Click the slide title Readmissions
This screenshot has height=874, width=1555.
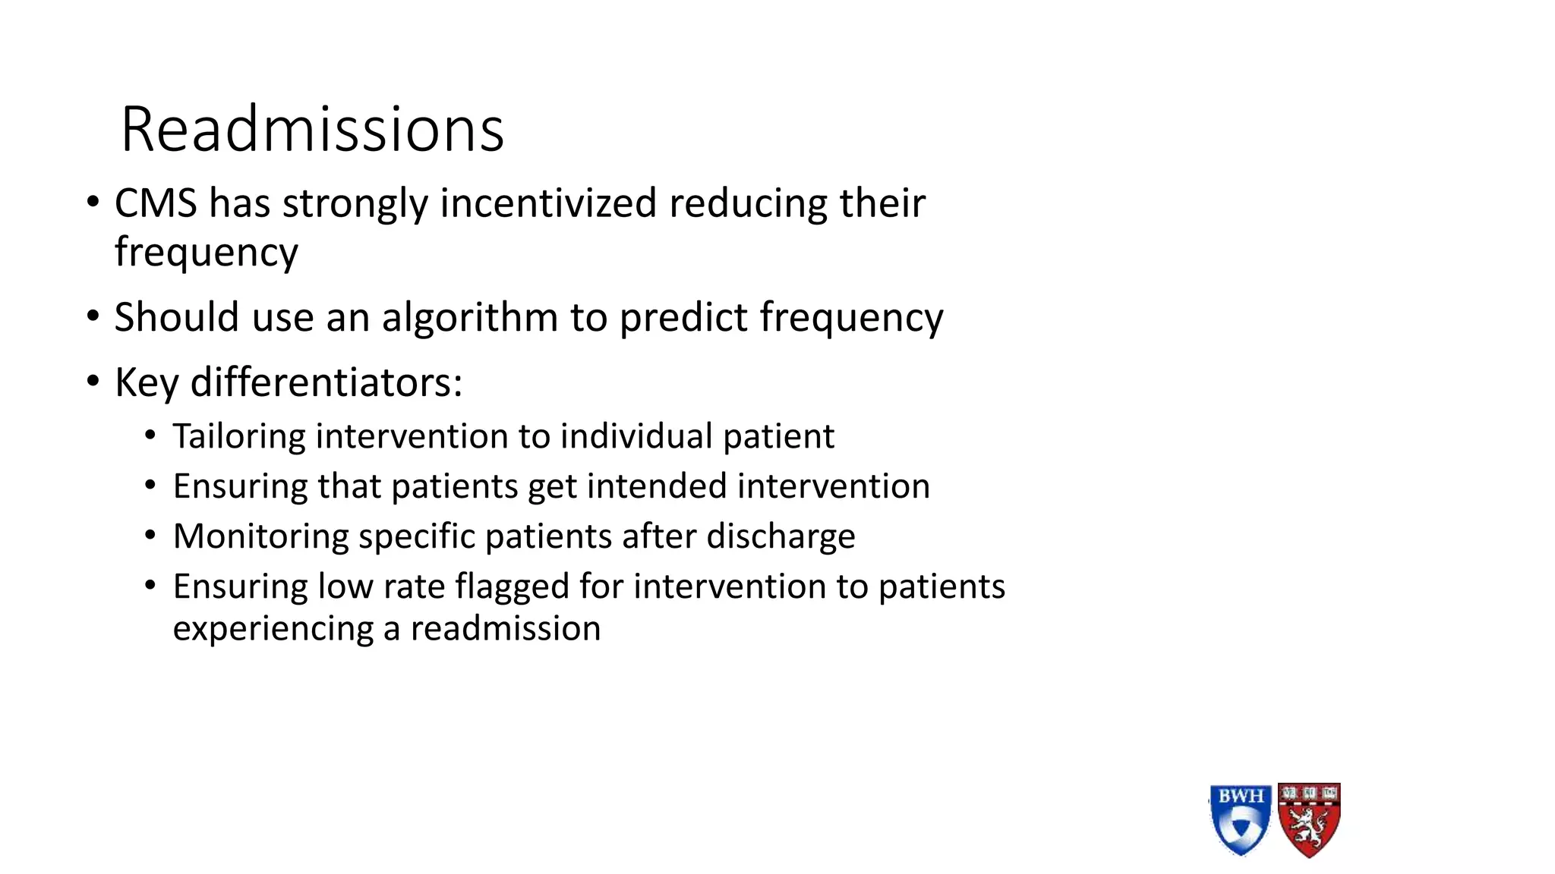(x=312, y=130)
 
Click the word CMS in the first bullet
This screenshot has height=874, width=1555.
(x=156, y=203)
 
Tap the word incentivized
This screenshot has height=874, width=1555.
(x=548, y=203)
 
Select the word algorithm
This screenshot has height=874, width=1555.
(x=469, y=317)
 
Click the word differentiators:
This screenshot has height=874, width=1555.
(x=326, y=382)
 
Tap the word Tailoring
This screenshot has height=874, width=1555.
(x=238, y=437)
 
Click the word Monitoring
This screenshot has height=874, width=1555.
(x=260, y=536)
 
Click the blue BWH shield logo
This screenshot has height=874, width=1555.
(x=1240, y=819)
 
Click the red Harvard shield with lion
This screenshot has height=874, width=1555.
(x=1309, y=819)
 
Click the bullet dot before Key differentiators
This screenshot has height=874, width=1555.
(x=93, y=382)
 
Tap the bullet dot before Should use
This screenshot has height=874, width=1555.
(x=93, y=316)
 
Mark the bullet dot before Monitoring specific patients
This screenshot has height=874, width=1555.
(x=150, y=536)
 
